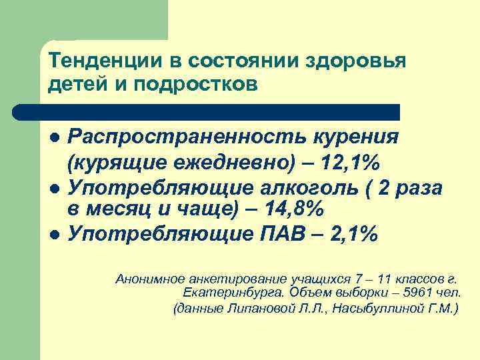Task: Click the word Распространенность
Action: click(x=181, y=137)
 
